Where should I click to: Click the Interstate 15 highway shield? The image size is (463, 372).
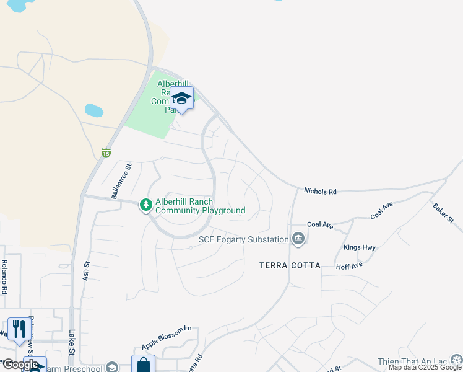[x=106, y=153]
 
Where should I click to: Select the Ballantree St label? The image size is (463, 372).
[x=121, y=181]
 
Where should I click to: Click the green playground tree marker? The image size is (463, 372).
[x=146, y=205]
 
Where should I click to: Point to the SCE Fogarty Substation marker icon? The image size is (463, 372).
[x=298, y=239]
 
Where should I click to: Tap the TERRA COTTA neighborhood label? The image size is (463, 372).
[x=290, y=265]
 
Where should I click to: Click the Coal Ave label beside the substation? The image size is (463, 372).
[x=320, y=226]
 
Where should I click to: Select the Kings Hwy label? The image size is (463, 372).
[x=360, y=247]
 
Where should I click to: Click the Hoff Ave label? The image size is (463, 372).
[x=349, y=267]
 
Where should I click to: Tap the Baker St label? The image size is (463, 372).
[x=443, y=212]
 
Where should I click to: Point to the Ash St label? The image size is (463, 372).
[x=86, y=270]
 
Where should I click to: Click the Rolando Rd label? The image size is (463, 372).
[x=4, y=277]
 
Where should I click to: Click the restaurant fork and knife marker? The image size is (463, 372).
[x=17, y=329]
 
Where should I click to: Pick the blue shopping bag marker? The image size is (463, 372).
[x=143, y=365]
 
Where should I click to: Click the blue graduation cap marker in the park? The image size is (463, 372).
[x=182, y=98]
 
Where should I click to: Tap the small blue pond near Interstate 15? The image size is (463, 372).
[x=93, y=111]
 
